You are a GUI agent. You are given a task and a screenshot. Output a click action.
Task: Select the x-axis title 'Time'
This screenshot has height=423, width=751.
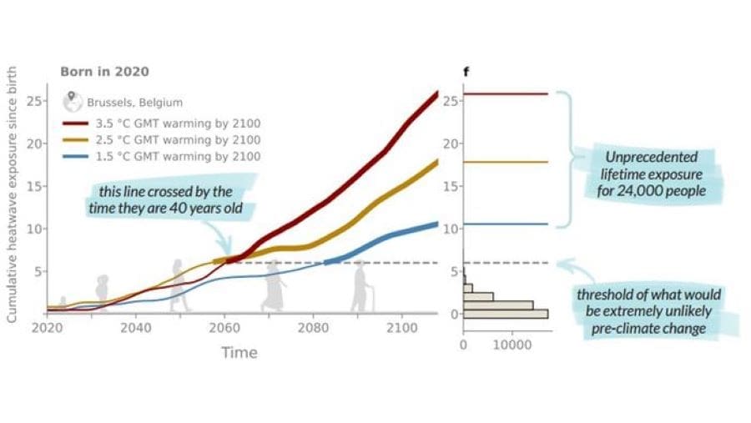click(239, 353)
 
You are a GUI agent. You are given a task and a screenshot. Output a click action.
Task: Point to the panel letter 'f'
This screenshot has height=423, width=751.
click(466, 71)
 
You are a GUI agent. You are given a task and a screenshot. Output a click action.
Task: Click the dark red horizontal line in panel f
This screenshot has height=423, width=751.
click(506, 94)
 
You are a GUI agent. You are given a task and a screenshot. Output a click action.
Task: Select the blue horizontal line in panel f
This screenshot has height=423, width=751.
click(506, 224)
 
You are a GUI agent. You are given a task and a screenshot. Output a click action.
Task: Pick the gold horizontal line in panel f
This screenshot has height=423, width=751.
click(506, 162)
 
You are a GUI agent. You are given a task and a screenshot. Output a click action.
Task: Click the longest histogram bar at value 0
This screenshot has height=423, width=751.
click(506, 314)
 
